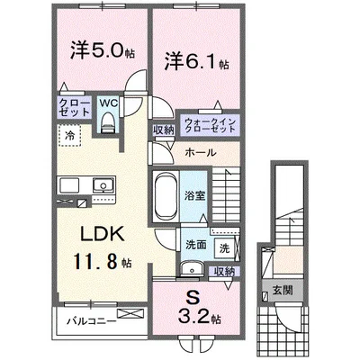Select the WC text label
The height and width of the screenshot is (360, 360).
(x=107, y=103)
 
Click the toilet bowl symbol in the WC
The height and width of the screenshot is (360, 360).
(x=107, y=126)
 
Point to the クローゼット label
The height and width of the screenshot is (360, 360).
(x=73, y=108)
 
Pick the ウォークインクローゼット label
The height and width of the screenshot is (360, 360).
(x=210, y=126)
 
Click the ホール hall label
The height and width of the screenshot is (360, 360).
(x=200, y=153)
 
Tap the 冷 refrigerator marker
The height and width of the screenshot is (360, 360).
(x=69, y=135)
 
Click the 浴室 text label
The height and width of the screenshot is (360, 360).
(x=196, y=193)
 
